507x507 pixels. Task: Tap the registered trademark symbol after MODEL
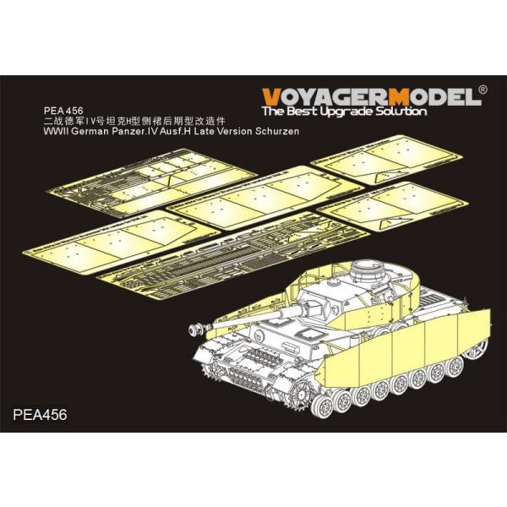(482, 88)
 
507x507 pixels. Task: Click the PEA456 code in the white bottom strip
(40, 415)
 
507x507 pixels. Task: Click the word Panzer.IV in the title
(143, 131)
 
